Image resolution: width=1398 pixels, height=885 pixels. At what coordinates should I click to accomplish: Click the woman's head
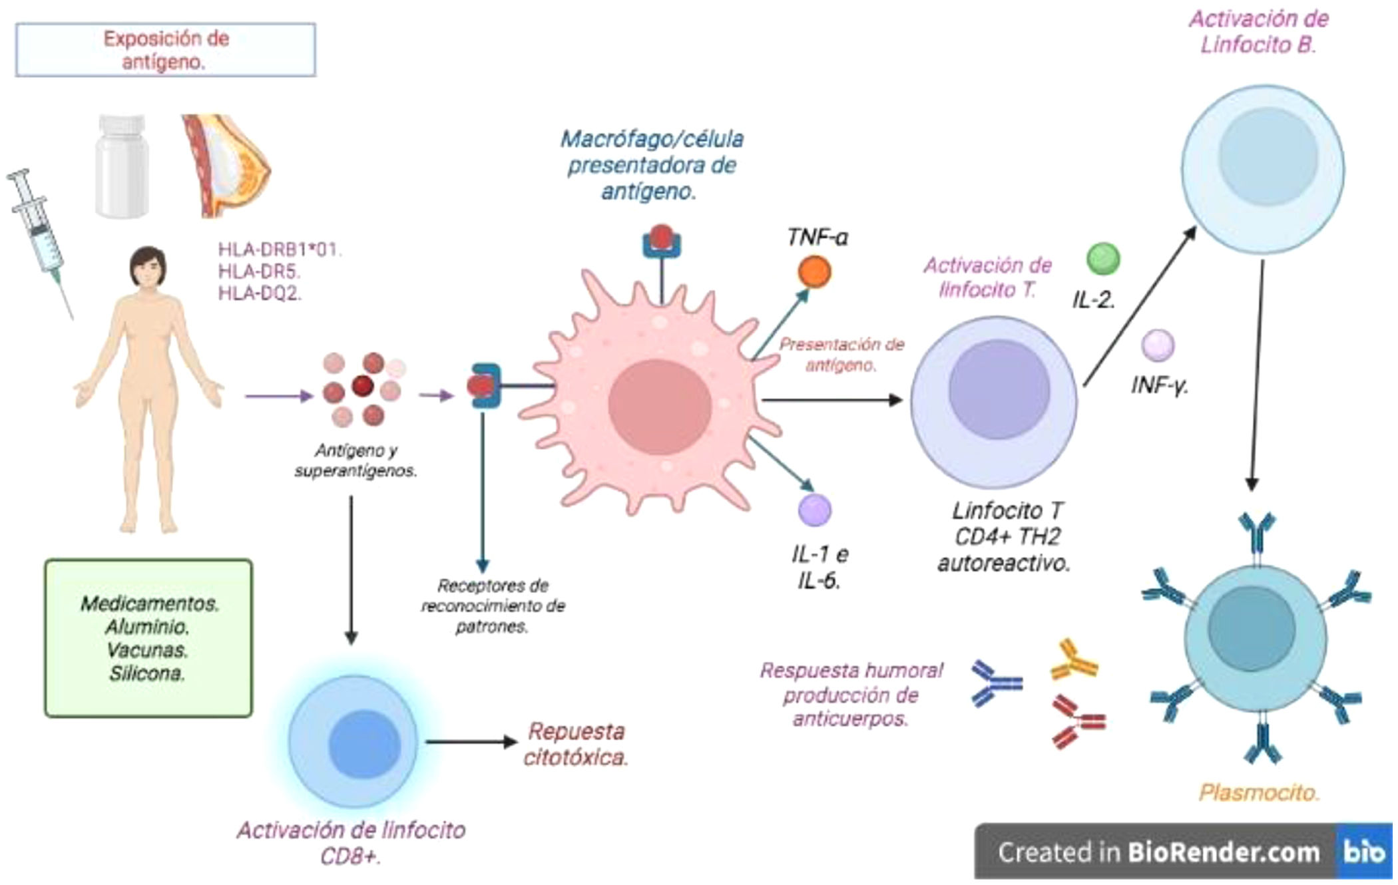[x=148, y=266]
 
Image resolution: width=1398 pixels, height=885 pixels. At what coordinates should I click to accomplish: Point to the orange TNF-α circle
[x=814, y=272]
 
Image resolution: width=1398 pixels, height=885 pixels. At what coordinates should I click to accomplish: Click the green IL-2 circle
[x=1103, y=259]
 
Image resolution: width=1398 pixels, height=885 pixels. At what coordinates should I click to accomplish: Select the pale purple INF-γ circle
[x=1158, y=345]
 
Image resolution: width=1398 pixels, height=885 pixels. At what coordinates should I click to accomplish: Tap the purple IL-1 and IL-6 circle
[x=815, y=510]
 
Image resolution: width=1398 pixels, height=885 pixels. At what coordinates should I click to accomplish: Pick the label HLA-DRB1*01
[x=280, y=250]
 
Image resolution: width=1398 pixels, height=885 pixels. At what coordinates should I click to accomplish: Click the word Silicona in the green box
[x=147, y=673]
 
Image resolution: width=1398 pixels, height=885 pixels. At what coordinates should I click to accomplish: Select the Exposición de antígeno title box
[x=165, y=50]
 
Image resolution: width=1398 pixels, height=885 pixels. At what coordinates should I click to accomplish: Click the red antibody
[x=1077, y=721]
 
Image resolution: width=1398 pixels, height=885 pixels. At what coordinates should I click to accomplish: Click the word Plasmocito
[x=1258, y=793]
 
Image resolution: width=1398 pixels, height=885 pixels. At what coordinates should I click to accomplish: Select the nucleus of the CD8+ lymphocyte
[x=364, y=743]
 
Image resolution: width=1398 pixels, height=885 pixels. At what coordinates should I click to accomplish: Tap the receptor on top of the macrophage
[x=661, y=242]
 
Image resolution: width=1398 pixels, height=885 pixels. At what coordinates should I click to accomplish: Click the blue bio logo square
[x=1364, y=852]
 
